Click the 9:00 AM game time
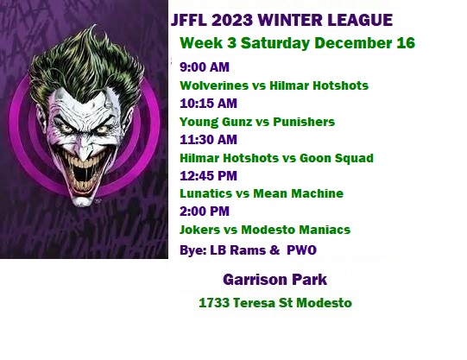coord(205,67)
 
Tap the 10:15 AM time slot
coord(209,104)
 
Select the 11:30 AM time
coord(209,140)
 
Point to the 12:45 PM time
coord(209,175)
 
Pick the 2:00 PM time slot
coord(205,212)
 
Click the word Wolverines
coord(214,85)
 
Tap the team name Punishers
coord(304,122)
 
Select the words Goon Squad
coord(337,158)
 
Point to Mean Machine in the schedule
coord(298,193)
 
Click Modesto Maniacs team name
coord(296,230)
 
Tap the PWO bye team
coord(301,250)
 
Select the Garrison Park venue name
coord(275,280)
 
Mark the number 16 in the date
coord(406,43)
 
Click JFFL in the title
coord(189,20)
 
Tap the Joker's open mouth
coord(82,175)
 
